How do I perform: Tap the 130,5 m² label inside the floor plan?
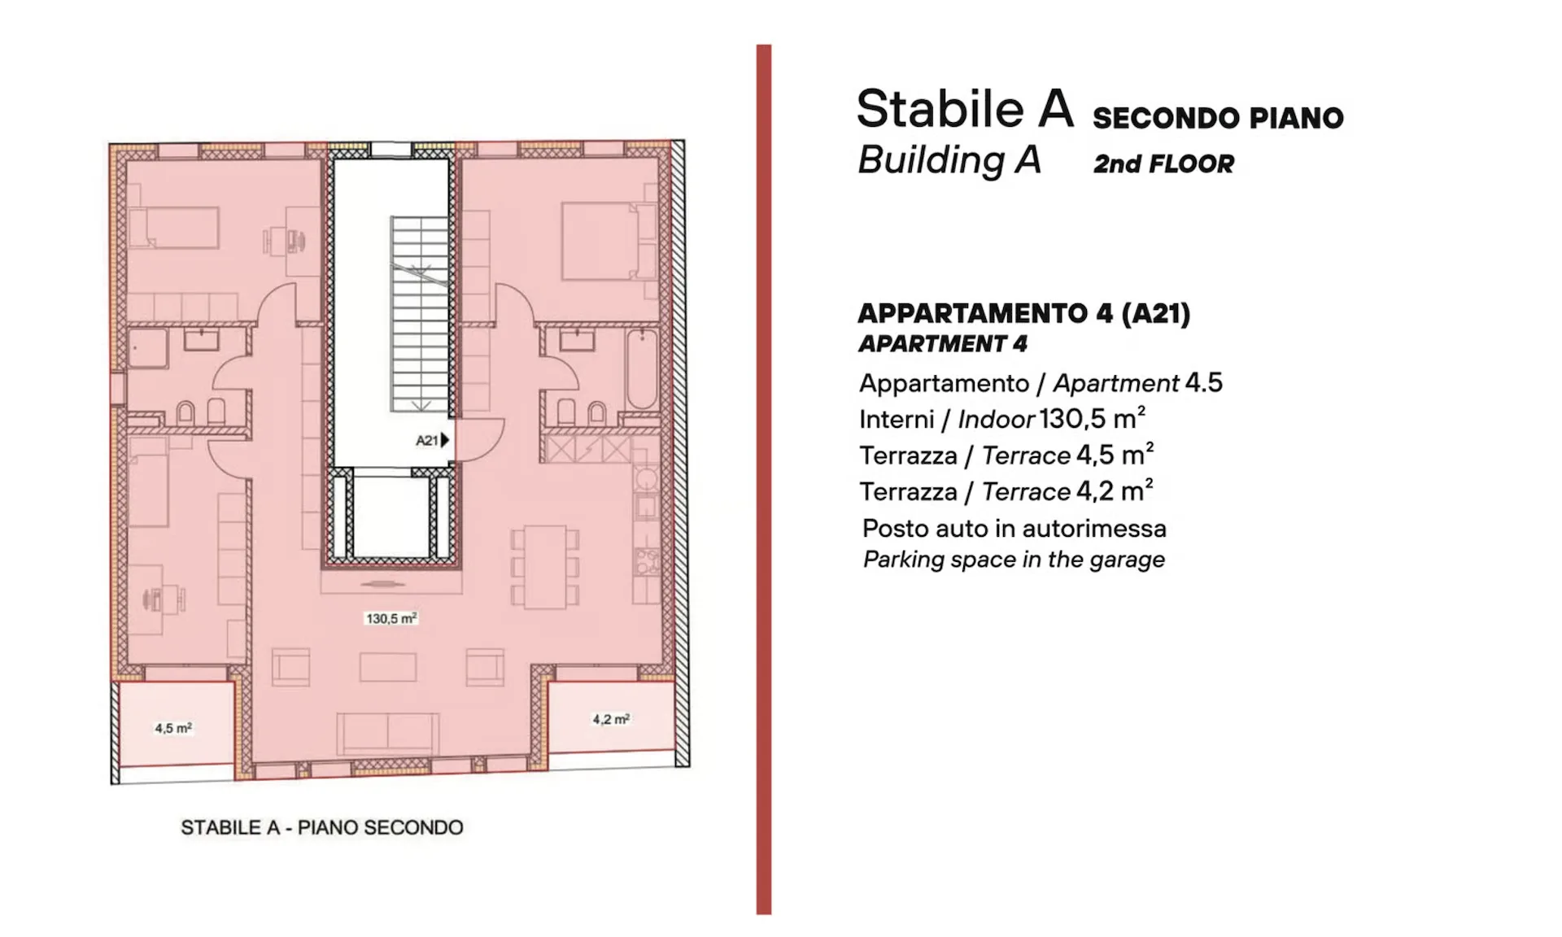point(391,619)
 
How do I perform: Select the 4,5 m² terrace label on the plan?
point(173,728)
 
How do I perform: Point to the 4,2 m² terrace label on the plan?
point(611,719)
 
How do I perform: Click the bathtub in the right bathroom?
point(642,368)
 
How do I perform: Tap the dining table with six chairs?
point(545,567)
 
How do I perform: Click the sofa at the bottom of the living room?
point(388,732)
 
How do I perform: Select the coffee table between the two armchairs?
point(388,668)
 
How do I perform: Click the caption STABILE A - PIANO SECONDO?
point(322,828)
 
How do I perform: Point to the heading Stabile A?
point(965,108)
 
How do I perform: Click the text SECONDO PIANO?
point(1218,118)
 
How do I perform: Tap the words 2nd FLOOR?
point(1163,163)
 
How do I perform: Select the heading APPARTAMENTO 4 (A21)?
point(1024,313)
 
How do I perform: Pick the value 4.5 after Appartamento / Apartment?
point(1204,382)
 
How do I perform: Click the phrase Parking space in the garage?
point(1014,560)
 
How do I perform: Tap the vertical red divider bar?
point(763,479)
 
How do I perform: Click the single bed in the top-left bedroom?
point(174,227)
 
